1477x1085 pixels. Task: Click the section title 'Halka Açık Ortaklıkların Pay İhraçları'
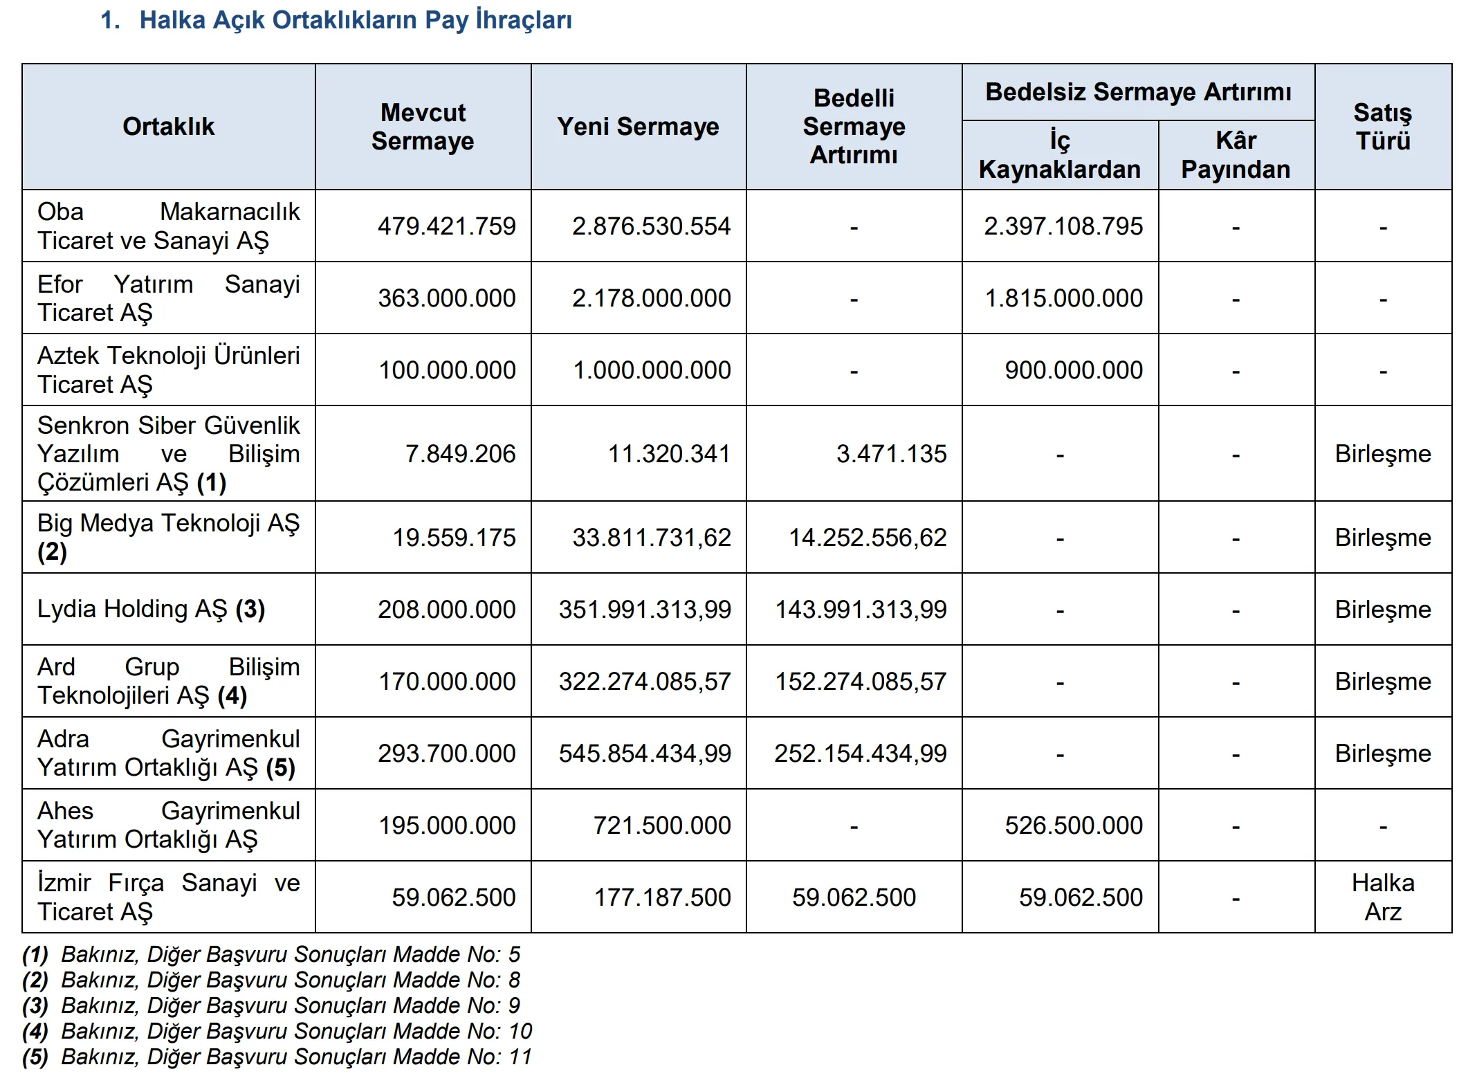coord(355,20)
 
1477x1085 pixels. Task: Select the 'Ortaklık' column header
coord(168,127)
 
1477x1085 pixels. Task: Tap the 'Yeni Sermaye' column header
coord(638,127)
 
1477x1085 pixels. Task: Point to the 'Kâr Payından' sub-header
coord(1236,155)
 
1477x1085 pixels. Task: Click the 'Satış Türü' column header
coord(1382,127)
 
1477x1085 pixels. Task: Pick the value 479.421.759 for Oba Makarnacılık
coord(446,226)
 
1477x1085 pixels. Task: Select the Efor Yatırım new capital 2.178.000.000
coord(651,298)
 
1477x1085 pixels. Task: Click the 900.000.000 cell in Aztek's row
coord(1073,370)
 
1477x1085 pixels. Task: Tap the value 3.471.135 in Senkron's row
coord(891,454)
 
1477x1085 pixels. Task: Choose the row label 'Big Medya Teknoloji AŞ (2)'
coord(168,537)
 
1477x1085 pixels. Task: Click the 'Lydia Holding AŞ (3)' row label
coord(151,609)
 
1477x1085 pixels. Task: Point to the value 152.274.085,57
coord(860,682)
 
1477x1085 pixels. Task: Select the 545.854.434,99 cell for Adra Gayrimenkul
coord(645,754)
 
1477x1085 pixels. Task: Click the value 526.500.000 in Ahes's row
coord(1073,826)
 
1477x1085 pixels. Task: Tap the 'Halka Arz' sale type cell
coord(1382,897)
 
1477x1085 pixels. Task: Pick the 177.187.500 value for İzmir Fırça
coord(662,897)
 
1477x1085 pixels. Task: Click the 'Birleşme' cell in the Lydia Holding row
coord(1382,610)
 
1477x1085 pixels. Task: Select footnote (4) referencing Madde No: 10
coord(277,1031)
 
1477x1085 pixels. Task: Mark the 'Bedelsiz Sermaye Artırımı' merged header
coord(1138,92)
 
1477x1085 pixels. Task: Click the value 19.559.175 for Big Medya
coord(454,538)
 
